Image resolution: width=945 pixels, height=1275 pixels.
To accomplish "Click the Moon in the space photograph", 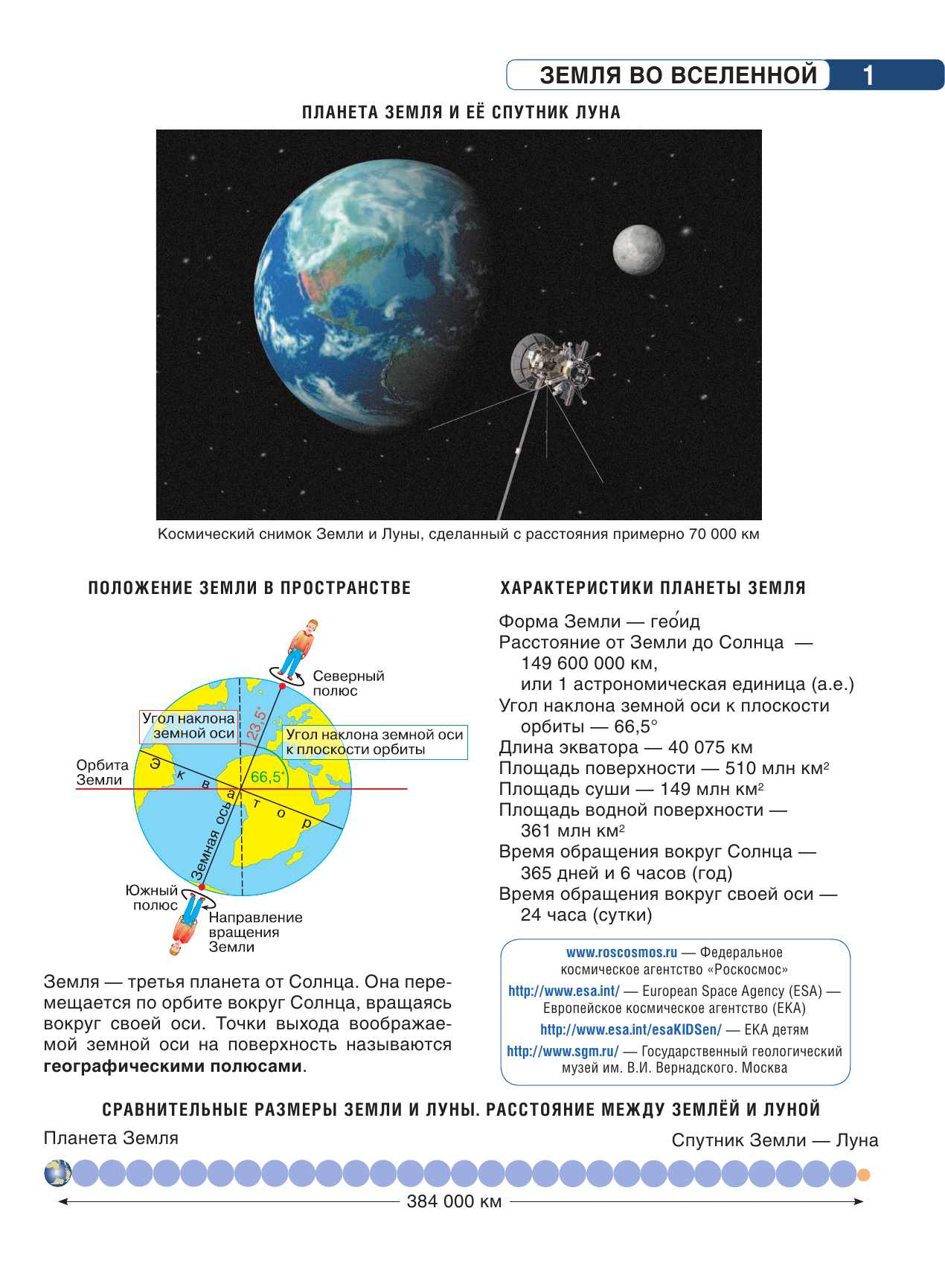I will tap(638, 250).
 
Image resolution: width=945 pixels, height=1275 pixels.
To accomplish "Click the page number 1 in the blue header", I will tap(868, 75).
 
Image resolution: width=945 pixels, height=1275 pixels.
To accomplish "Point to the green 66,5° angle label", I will tap(267, 777).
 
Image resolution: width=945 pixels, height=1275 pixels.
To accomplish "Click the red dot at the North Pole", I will tap(282, 686).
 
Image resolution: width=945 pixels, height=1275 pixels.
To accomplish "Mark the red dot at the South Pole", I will tap(201, 886).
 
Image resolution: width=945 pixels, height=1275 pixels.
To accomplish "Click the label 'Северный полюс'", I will tap(348, 683).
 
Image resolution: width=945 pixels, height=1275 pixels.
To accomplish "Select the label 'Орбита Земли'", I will tap(102, 773).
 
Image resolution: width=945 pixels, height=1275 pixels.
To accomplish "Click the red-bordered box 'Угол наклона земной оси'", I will tap(189, 726).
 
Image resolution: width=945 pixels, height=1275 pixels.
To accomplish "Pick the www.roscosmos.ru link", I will tap(621, 953).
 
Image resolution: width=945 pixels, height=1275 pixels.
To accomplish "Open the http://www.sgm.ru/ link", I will tap(563, 1051).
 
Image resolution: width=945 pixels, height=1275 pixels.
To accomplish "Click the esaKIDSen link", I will tap(630, 1029).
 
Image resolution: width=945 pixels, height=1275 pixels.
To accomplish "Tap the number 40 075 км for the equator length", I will tap(710, 747).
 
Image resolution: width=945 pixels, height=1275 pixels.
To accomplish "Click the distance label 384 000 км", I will tap(454, 1201).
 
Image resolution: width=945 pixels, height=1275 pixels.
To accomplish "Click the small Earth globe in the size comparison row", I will tap(58, 1173).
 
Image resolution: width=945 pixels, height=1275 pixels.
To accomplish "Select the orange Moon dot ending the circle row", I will tap(863, 1175).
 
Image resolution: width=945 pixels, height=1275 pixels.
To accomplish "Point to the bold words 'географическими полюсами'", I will tap(173, 1066).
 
